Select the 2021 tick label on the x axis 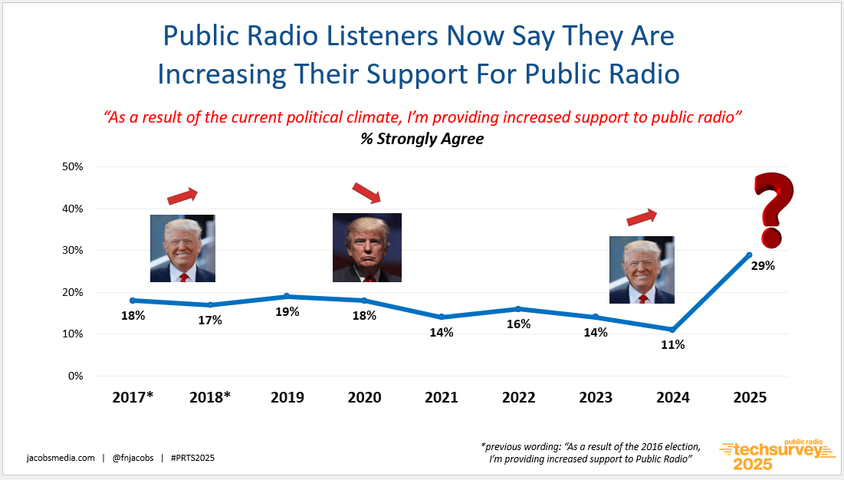pyautogui.click(x=441, y=397)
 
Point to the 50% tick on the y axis pyautogui.click(x=71, y=166)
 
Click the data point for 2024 pyautogui.click(x=672, y=330)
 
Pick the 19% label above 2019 pyautogui.click(x=287, y=311)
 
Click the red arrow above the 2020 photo pyautogui.click(x=366, y=192)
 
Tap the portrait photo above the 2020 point pyautogui.click(x=366, y=248)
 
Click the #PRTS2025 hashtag pyautogui.click(x=192, y=458)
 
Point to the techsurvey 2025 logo pyautogui.click(x=777, y=455)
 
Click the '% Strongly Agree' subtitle pyautogui.click(x=422, y=139)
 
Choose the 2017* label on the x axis pyautogui.click(x=133, y=397)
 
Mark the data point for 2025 pyautogui.click(x=749, y=255)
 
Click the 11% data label pyautogui.click(x=673, y=345)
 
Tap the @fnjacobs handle pyautogui.click(x=133, y=458)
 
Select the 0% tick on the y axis pyautogui.click(x=75, y=376)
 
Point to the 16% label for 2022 pyautogui.click(x=518, y=324)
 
